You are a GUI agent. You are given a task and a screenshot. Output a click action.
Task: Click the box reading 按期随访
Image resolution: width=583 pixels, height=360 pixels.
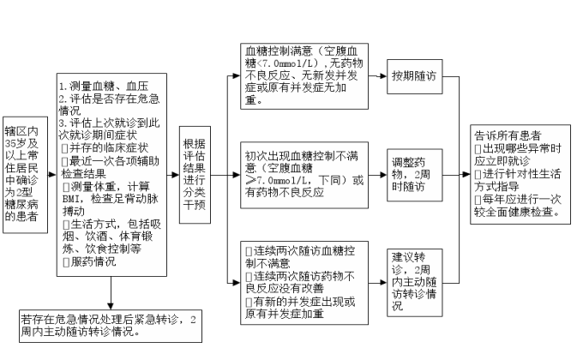point(415,76)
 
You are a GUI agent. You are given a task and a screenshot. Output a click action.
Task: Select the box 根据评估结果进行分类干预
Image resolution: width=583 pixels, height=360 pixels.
point(195,175)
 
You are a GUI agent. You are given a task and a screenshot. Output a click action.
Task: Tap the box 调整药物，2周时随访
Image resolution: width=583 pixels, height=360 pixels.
point(415,175)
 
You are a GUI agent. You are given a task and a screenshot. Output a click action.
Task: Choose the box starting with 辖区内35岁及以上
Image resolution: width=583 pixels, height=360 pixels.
point(25,175)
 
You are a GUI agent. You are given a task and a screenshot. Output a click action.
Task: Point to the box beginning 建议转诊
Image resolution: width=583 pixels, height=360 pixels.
point(415,283)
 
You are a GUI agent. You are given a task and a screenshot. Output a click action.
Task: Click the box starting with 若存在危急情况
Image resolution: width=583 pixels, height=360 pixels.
point(111,327)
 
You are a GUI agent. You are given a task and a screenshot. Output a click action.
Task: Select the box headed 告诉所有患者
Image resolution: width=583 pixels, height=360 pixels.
point(520,174)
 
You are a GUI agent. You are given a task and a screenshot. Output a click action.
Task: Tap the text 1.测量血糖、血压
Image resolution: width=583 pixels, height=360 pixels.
point(104,87)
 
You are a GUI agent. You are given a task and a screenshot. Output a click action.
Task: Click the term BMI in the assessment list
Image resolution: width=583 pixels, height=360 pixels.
point(70,200)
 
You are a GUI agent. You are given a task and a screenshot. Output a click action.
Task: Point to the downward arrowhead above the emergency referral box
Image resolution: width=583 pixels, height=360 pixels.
point(111,306)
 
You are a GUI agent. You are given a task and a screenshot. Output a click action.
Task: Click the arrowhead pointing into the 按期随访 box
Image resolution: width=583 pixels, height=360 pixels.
point(383,76)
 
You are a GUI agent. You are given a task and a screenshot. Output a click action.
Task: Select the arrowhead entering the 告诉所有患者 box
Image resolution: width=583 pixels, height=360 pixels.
point(466,174)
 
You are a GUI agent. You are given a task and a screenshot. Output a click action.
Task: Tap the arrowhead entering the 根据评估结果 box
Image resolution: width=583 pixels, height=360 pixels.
point(176,175)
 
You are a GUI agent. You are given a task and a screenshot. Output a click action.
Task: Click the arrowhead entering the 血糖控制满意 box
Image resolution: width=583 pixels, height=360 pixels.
point(237,76)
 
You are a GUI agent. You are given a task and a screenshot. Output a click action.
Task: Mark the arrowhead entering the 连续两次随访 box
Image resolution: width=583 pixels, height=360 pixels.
point(237,283)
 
